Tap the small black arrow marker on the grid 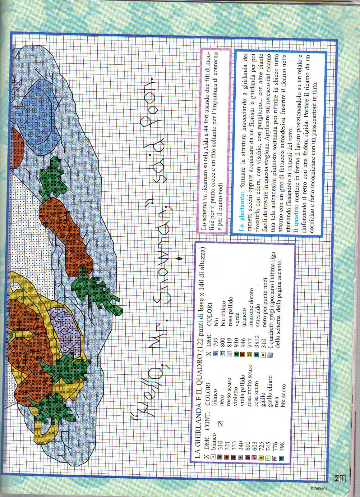(x=179, y=258)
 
